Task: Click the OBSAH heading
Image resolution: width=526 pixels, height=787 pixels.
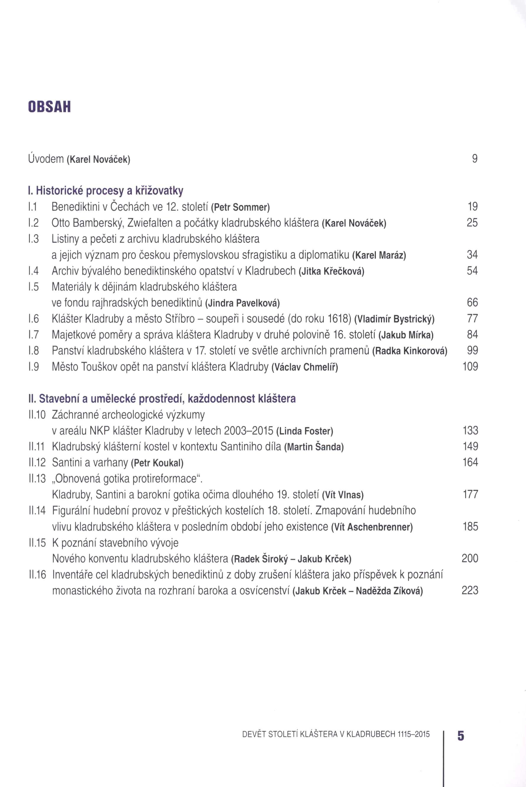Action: (x=49, y=107)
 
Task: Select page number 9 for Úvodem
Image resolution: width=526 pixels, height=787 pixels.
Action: (x=474, y=159)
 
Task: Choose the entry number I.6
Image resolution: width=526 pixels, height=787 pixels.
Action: (x=34, y=319)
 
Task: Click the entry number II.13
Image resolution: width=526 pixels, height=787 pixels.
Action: (x=37, y=479)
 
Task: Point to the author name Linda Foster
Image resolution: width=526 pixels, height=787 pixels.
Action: (x=305, y=431)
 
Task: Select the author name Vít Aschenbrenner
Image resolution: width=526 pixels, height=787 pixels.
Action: (x=372, y=527)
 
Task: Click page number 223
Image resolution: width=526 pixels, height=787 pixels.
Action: (x=470, y=590)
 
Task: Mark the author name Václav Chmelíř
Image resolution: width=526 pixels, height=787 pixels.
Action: (x=305, y=368)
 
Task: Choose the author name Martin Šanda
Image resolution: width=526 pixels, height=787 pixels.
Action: (x=314, y=447)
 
